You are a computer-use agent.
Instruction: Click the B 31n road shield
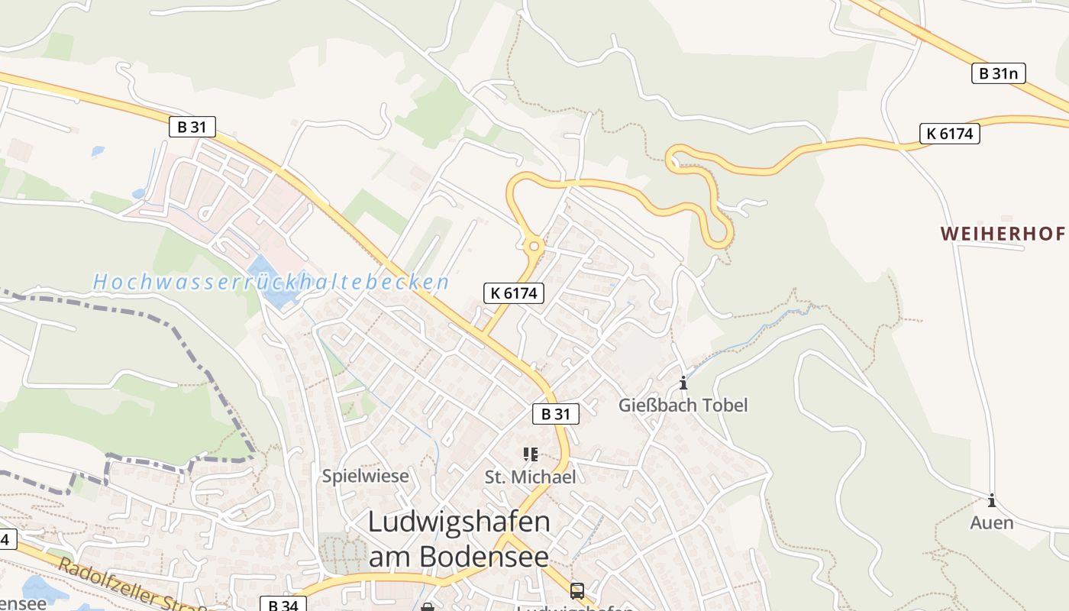tap(998, 73)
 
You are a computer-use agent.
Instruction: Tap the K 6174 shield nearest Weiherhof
tap(949, 134)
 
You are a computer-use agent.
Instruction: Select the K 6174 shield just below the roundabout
tap(513, 293)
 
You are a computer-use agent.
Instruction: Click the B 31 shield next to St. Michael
tap(556, 414)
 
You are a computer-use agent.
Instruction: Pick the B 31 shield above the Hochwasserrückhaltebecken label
tap(192, 127)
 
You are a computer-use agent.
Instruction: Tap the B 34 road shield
tap(283, 604)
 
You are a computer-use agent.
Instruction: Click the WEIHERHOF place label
tap(1002, 234)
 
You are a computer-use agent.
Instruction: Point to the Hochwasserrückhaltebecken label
tap(271, 282)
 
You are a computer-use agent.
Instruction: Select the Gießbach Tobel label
tap(683, 405)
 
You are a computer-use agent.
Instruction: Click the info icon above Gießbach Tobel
tap(683, 383)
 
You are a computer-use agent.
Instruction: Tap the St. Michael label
tap(530, 477)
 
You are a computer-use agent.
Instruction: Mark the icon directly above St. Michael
tap(531, 455)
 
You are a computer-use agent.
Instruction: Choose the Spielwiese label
tap(365, 476)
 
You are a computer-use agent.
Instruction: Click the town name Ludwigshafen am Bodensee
tap(458, 538)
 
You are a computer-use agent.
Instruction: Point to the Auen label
tap(992, 523)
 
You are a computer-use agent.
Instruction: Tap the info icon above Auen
tap(992, 501)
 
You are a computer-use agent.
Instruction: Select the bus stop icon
tap(577, 590)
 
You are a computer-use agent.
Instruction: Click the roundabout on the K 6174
tap(533, 246)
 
